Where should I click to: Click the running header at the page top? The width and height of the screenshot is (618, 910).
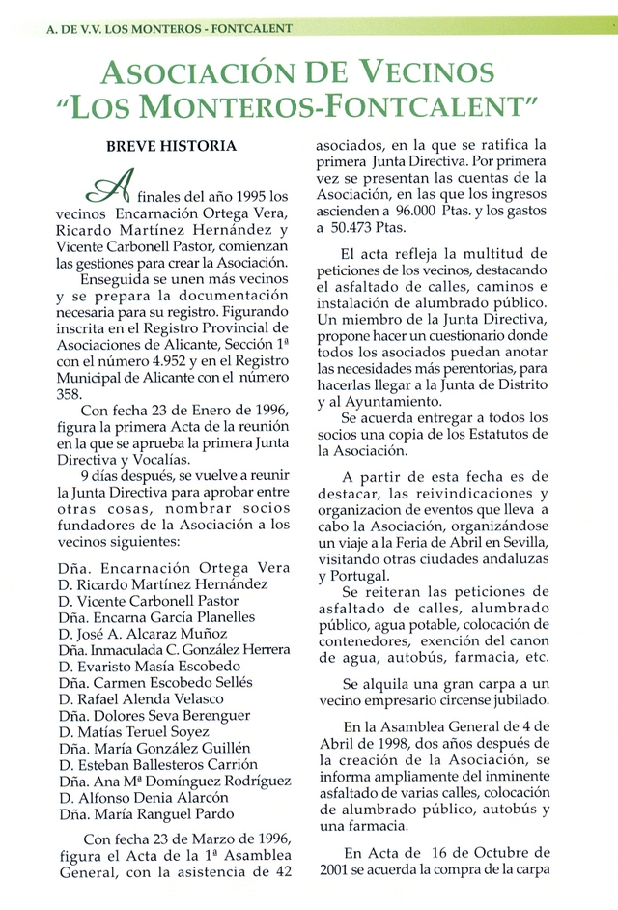tap(168, 29)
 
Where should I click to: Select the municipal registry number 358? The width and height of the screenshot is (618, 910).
tap(70, 395)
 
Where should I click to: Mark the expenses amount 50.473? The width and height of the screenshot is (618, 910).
tap(371, 229)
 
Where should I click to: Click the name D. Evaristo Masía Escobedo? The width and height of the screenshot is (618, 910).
tap(150, 666)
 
